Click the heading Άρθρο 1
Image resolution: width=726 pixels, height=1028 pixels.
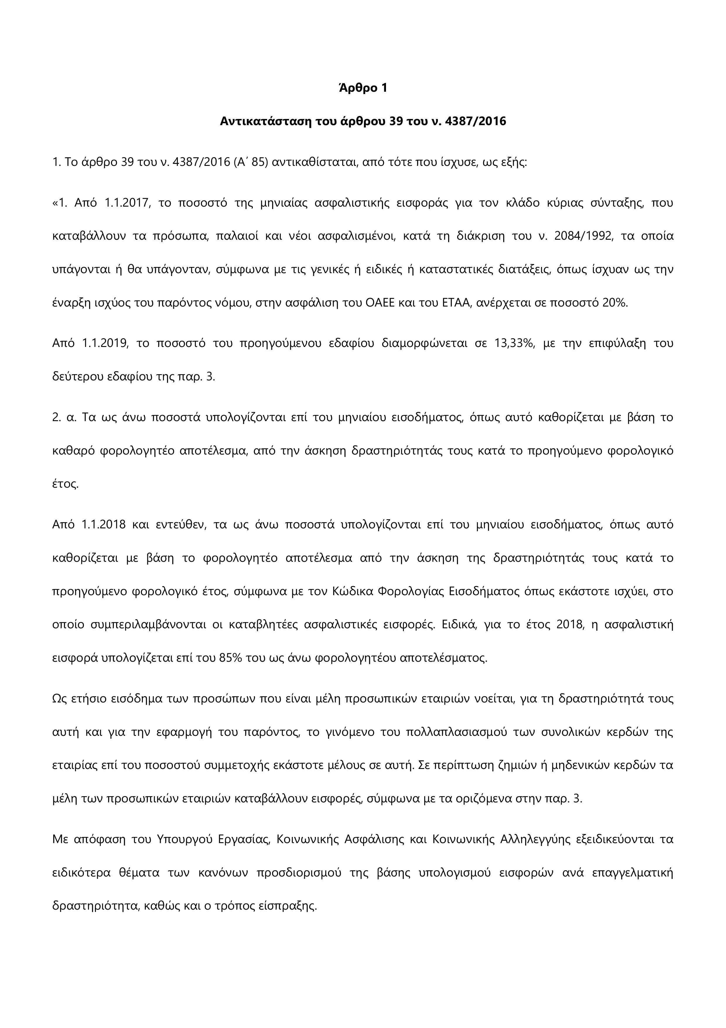pyautogui.click(x=363, y=88)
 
